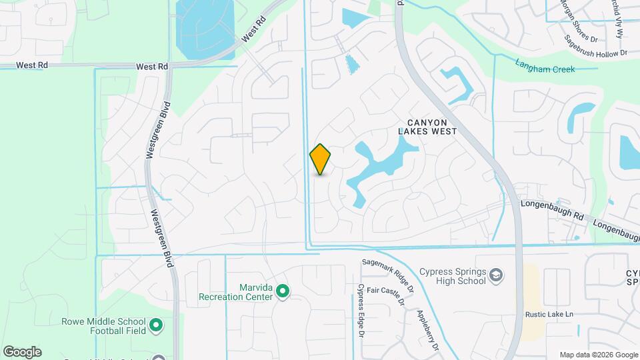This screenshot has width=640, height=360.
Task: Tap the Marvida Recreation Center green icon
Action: tap(283, 291)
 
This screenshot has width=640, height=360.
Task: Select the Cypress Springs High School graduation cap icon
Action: tap(496, 275)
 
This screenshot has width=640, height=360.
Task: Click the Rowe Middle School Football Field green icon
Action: tap(157, 325)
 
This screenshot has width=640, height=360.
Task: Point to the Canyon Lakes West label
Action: tap(427, 127)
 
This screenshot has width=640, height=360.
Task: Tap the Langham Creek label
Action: tap(545, 65)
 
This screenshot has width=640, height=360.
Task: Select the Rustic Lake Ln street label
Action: tap(549, 315)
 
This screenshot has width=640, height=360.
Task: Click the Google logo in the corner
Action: tap(22, 351)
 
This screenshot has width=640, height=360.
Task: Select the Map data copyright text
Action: tap(598, 355)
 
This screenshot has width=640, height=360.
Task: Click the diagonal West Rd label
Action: tap(253, 35)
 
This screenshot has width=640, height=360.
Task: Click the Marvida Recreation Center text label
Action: tap(236, 291)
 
